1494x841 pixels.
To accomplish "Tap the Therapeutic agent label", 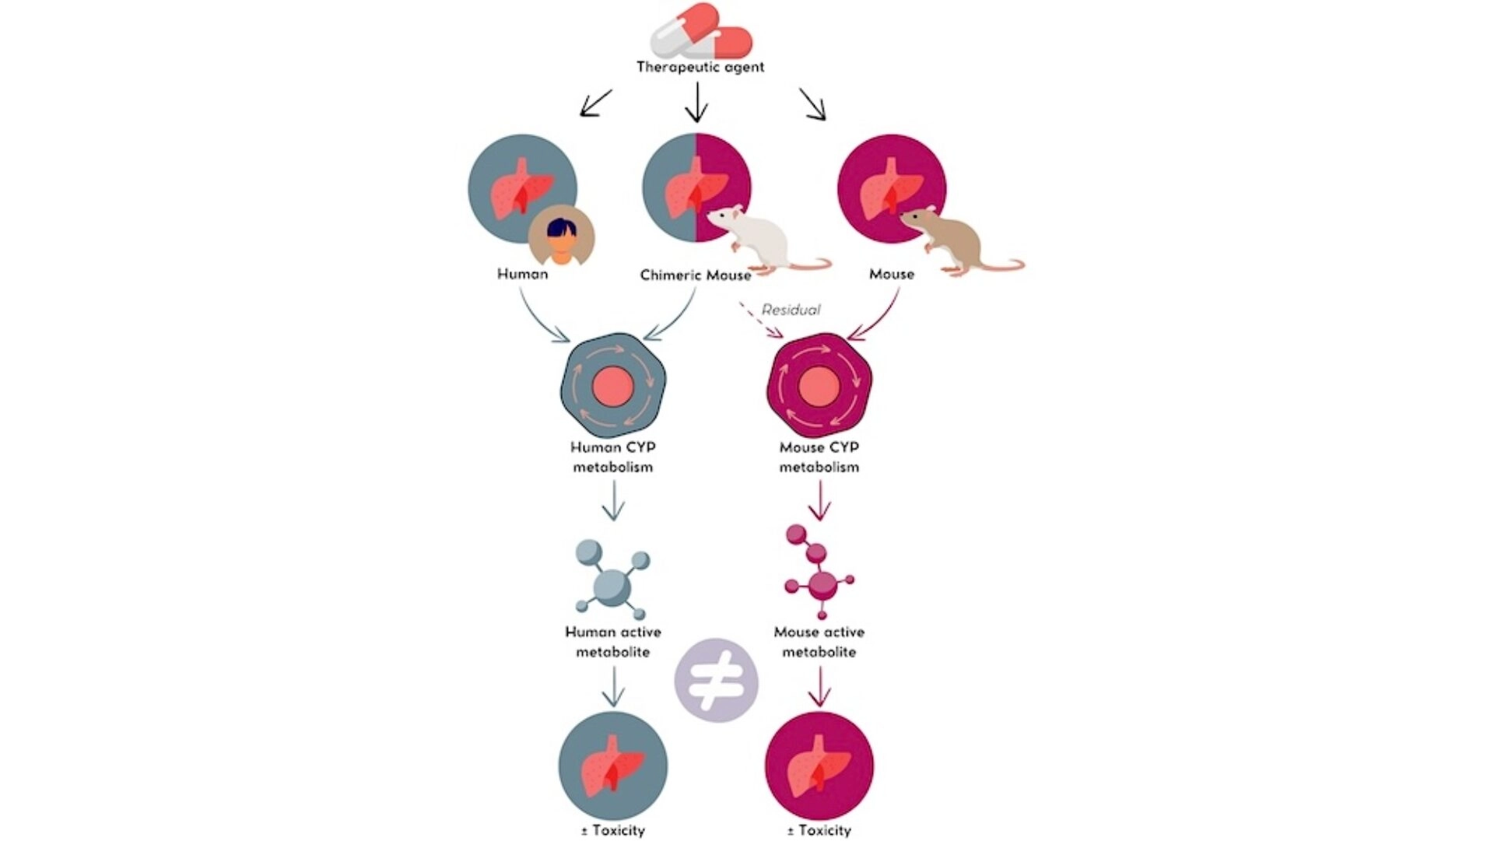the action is pos(700,67).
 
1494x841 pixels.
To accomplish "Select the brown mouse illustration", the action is pos(962,240).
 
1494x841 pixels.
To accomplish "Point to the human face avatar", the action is pos(561,235).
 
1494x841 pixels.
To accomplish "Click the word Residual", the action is pos(791,310).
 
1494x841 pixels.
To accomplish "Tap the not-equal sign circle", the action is pos(717,681).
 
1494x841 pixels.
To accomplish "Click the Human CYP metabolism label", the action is pos(613,457).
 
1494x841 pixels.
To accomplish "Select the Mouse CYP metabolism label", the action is pos(819,457).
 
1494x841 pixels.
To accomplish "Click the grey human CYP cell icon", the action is pos(613,385).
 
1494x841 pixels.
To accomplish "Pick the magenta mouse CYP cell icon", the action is pos(819,385).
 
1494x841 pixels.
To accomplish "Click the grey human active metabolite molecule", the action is pos(612,580).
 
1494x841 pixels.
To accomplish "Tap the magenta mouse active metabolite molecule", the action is pos(819,572).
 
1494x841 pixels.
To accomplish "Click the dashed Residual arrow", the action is pos(760,320).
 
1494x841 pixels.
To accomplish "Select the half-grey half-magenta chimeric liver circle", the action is pos(696,188).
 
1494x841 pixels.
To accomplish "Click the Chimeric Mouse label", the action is pos(696,275).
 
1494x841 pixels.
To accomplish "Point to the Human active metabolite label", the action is pos(613,642).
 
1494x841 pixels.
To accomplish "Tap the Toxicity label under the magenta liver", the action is pos(819,831).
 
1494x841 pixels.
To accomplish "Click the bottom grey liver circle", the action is pos(613,766).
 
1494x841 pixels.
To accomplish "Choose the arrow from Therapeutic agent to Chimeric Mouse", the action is pos(696,102).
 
